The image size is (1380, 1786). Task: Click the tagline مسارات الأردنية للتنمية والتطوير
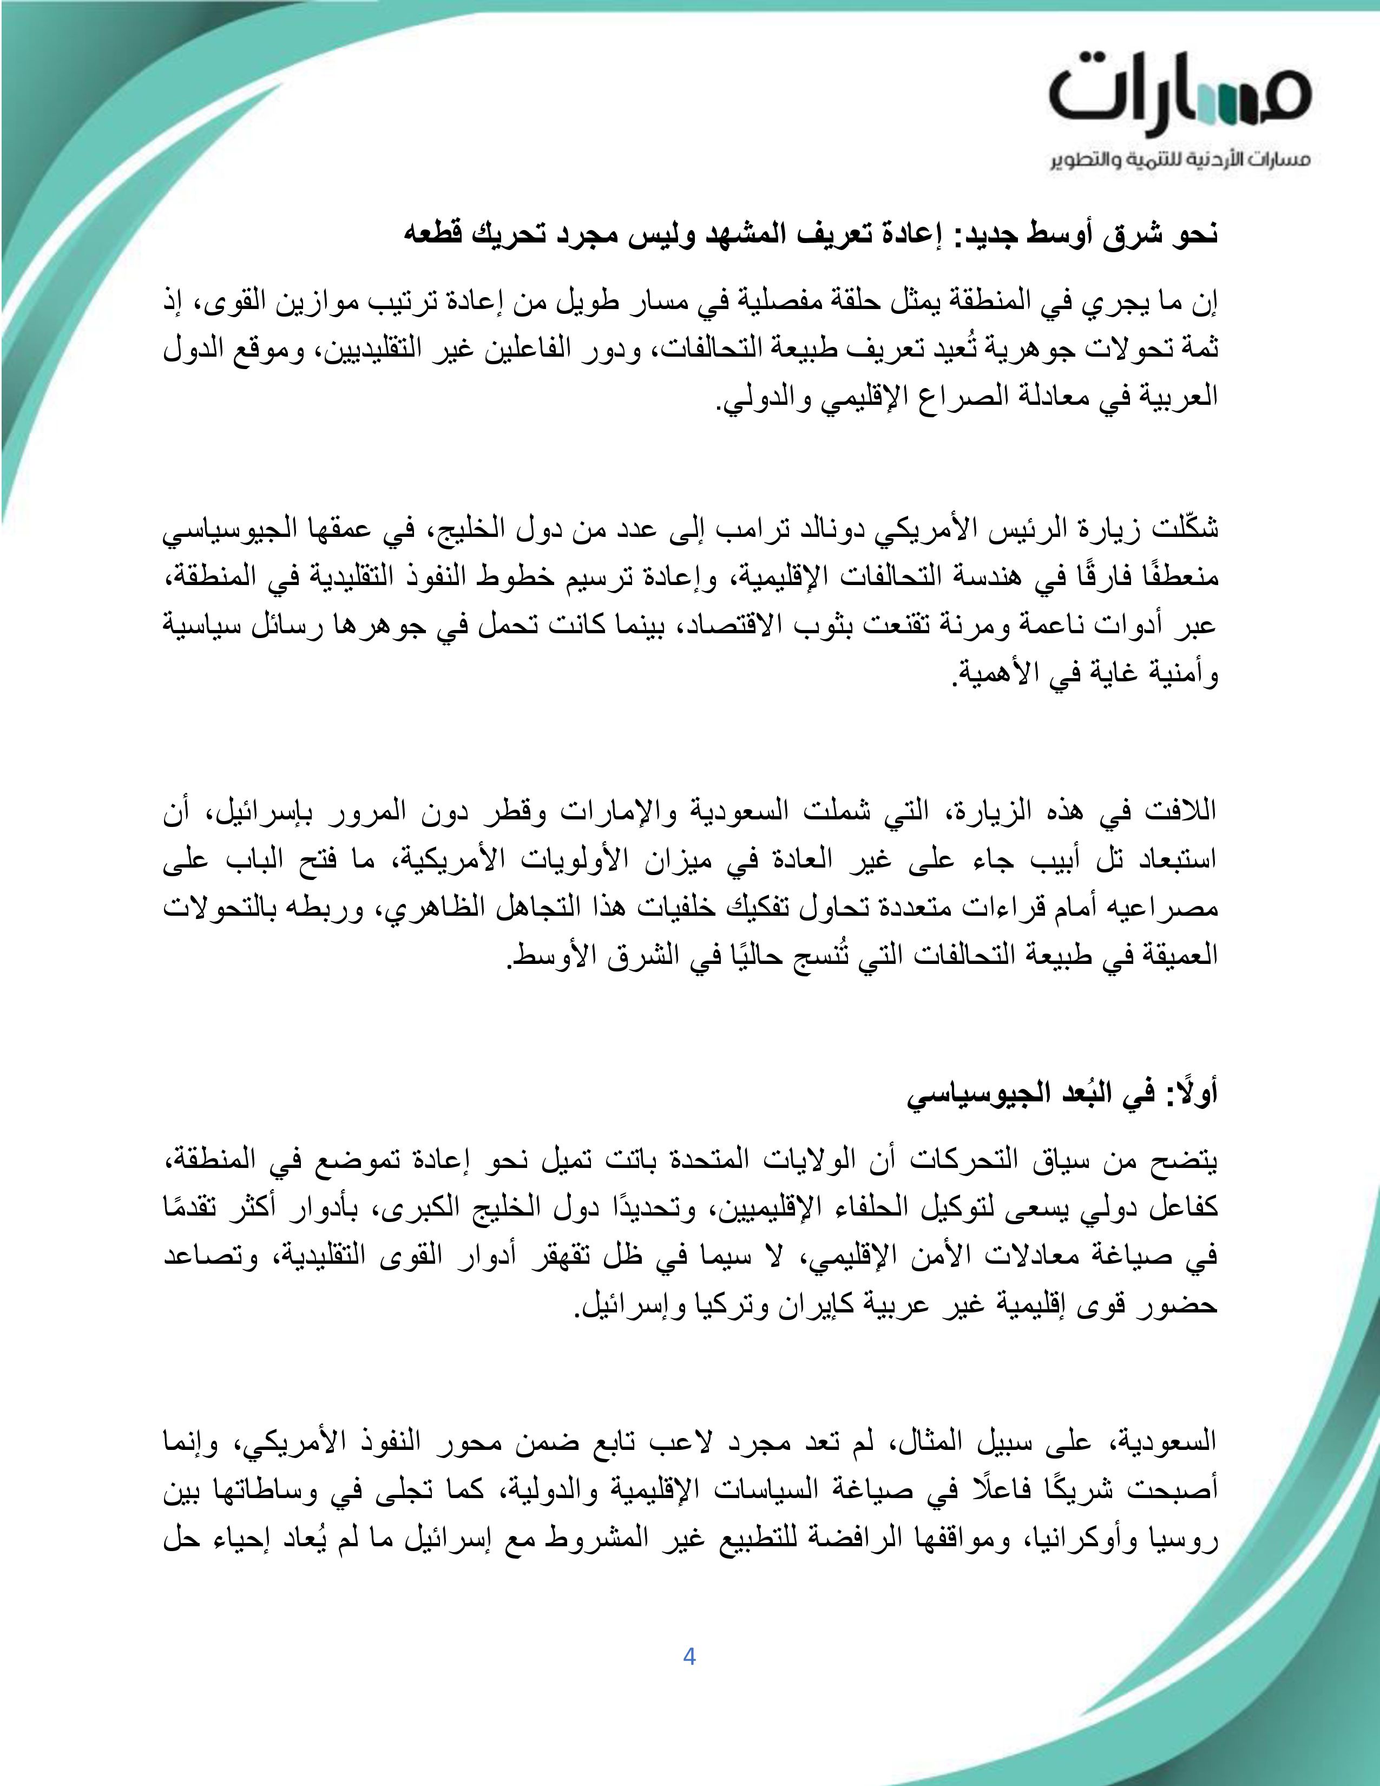point(1180,160)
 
